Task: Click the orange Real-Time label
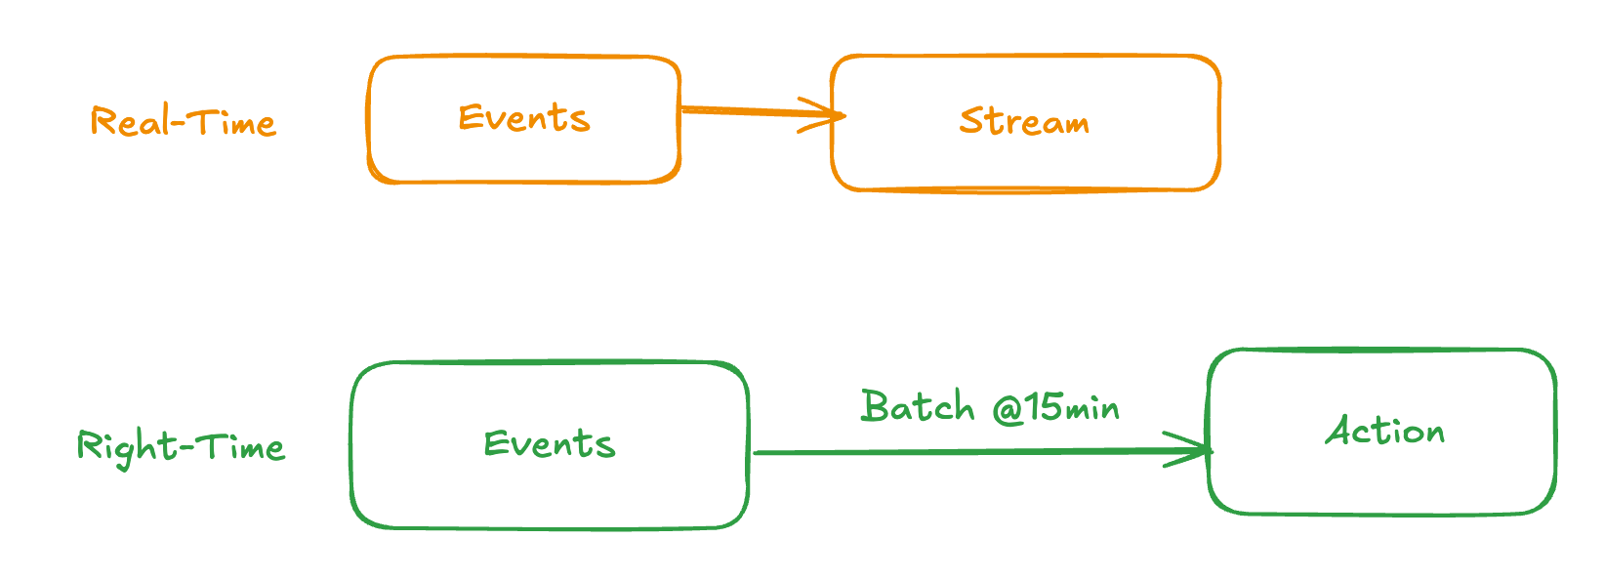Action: click(183, 122)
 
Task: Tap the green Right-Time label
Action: click(181, 447)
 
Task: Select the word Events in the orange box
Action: click(524, 118)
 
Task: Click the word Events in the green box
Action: click(550, 444)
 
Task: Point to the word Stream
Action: click(1024, 121)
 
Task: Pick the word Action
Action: click(1384, 431)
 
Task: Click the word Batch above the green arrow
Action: click(918, 406)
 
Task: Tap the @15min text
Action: click(1056, 406)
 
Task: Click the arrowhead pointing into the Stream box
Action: click(830, 115)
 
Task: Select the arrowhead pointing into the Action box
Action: click(1196, 450)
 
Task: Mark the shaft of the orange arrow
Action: click(742, 111)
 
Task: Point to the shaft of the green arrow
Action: click(957, 452)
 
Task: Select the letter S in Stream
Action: click(969, 120)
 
